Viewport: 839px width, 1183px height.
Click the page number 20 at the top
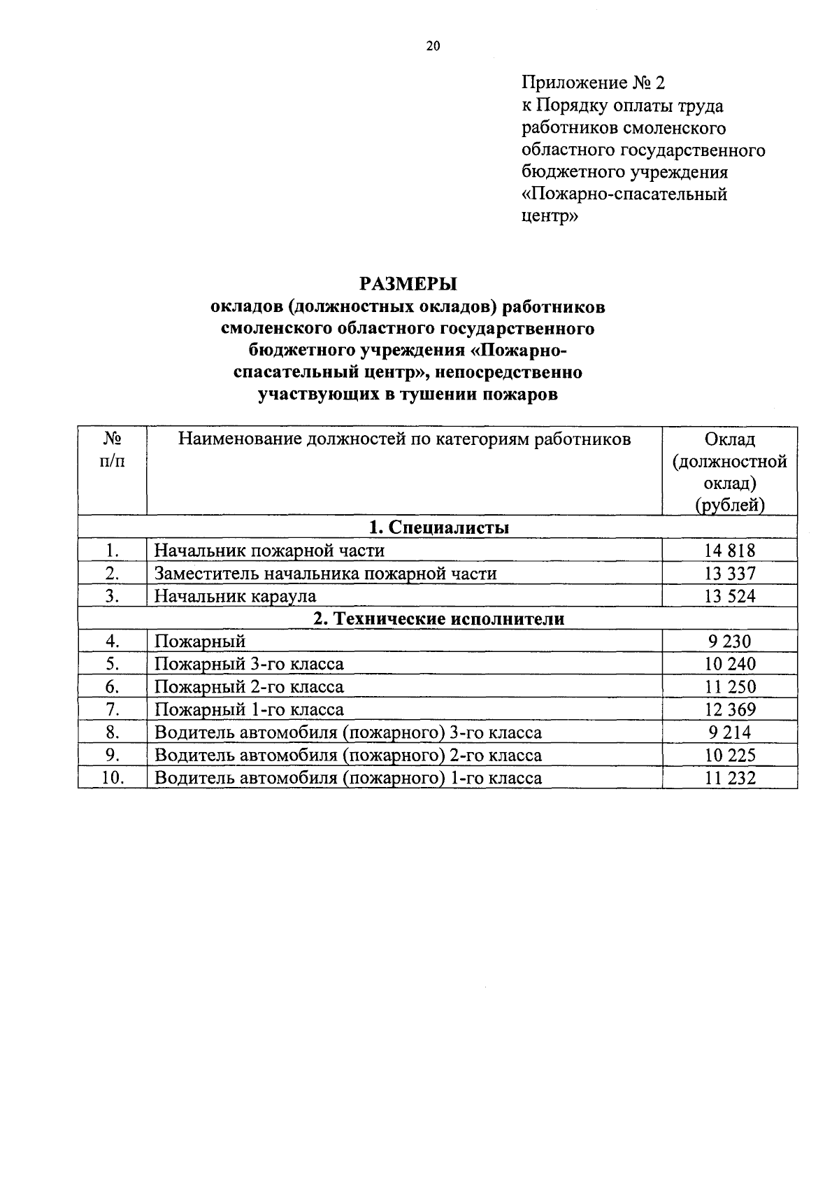433,47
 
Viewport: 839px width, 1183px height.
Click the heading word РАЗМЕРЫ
408,283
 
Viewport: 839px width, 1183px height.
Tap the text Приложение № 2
594,83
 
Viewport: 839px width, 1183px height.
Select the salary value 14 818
730,551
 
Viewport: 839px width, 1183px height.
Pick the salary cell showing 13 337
730,574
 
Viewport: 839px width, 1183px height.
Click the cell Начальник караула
235,596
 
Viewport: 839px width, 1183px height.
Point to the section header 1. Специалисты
438,527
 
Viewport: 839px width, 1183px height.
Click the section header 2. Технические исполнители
438,618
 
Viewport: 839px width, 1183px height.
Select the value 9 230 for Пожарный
730,642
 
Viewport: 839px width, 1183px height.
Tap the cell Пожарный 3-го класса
249,664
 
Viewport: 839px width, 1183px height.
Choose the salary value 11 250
730,687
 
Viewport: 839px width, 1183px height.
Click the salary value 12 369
730,709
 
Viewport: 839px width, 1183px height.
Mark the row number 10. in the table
113,777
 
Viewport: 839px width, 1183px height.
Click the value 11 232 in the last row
730,778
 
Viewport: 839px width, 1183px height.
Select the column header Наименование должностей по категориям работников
404,439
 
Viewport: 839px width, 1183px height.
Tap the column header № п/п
113,451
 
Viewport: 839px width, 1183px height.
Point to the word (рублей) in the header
730,505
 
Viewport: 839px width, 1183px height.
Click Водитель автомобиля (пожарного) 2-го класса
347,755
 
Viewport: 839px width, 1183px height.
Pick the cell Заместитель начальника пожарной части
325,574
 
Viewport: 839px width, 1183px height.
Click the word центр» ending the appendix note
550,216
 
